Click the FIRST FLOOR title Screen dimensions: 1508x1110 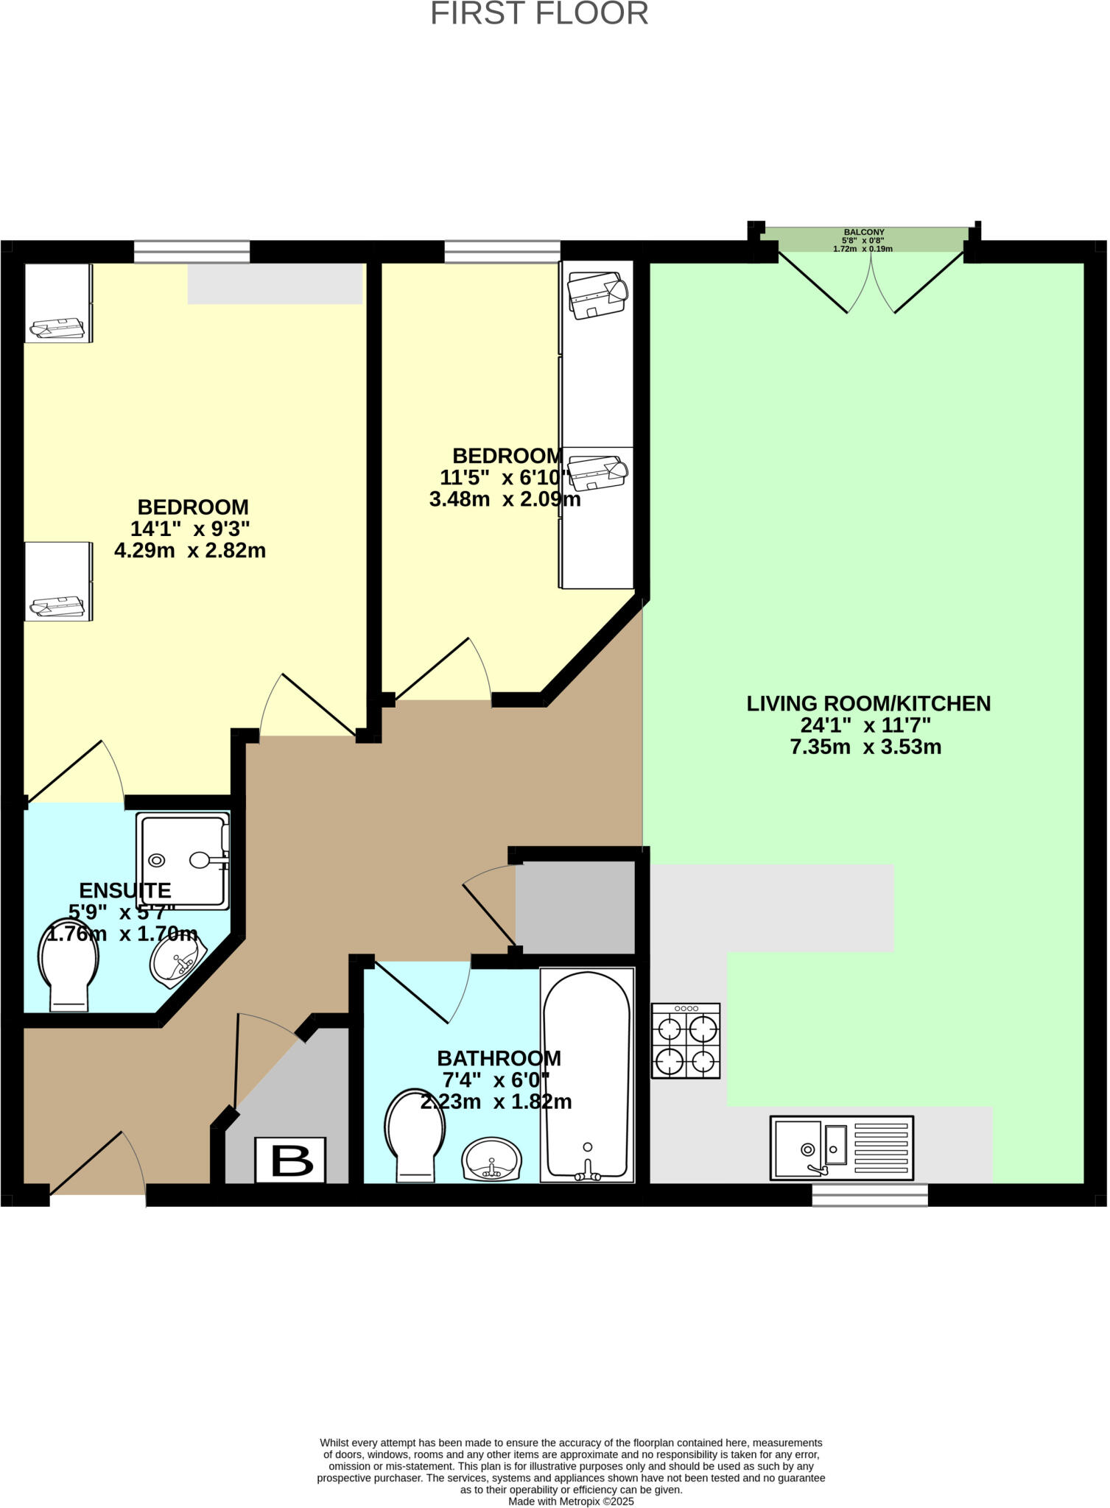(x=539, y=14)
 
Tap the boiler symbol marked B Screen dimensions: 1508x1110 (x=290, y=1160)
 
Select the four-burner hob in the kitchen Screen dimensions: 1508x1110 (x=686, y=1040)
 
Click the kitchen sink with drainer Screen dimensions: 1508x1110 (x=841, y=1147)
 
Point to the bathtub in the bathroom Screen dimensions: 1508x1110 (x=587, y=1076)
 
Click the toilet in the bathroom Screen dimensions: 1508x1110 (x=415, y=1135)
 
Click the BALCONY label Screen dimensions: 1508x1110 (x=863, y=232)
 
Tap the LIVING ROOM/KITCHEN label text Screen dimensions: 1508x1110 (x=868, y=703)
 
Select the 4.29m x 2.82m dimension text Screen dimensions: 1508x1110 (x=190, y=550)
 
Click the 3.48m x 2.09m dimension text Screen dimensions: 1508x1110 (x=505, y=499)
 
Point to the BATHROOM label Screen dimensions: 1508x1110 (x=499, y=1058)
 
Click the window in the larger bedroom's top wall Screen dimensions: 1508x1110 (x=192, y=252)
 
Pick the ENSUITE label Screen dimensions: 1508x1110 (x=124, y=890)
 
